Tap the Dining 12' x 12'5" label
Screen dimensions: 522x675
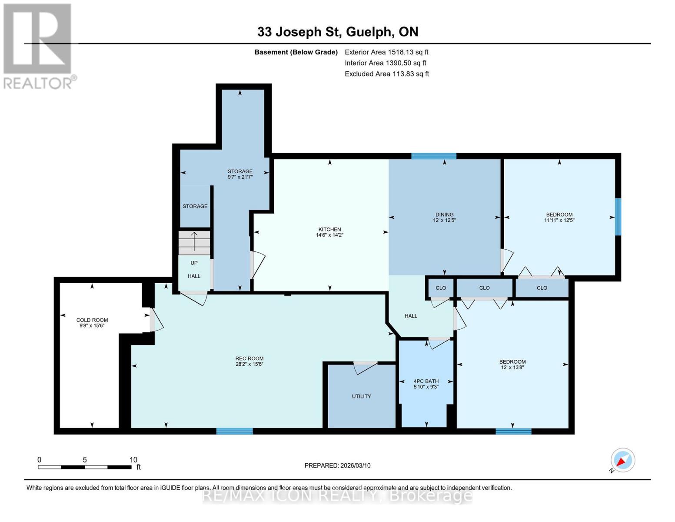coord(444,217)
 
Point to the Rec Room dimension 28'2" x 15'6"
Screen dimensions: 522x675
coord(249,364)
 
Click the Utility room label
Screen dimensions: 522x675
coord(361,396)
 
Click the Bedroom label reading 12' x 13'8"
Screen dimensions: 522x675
coord(512,364)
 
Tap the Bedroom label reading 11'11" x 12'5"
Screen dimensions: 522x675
coord(559,217)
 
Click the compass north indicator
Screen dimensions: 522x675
coord(622,460)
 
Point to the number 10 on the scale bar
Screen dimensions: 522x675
coord(133,460)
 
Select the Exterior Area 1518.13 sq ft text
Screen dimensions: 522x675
coord(386,52)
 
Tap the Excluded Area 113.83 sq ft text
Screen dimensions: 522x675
coord(386,74)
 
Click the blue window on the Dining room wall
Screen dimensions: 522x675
coord(434,156)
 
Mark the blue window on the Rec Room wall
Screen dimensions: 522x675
coord(235,431)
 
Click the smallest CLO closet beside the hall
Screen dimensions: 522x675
coord(441,288)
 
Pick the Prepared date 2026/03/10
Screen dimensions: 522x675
coord(337,465)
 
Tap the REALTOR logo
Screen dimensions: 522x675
coord(38,46)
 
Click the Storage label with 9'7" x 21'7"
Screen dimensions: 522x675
coord(240,174)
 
